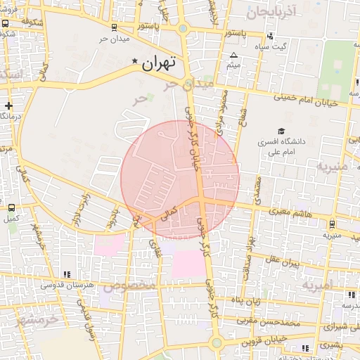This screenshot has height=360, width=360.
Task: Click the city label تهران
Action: [158, 64]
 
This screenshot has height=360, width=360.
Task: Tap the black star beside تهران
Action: [135, 62]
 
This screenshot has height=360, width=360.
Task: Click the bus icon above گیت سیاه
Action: [270, 37]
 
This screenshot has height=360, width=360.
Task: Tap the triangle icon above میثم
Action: [234, 55]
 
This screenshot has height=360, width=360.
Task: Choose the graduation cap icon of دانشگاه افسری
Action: [281, 131]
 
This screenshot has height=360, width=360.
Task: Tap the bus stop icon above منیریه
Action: [332, 224]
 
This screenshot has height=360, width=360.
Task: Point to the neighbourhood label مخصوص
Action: [129, 286]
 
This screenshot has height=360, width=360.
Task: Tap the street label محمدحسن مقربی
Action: [267, 322]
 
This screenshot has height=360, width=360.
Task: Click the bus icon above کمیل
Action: [11, 208]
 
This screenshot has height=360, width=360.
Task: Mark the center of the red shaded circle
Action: [180, 179]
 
